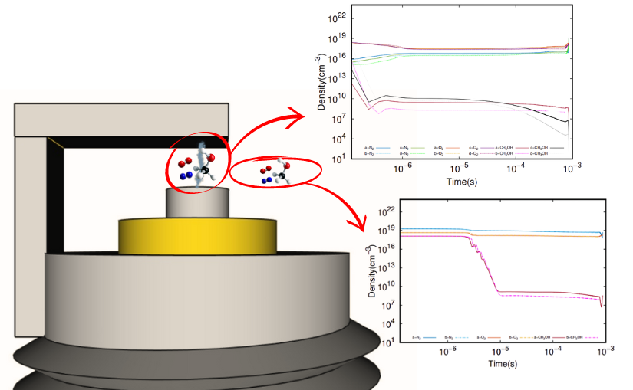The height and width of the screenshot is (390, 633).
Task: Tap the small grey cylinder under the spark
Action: (196, 203)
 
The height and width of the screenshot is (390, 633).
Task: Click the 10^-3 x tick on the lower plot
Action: (605, 350)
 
